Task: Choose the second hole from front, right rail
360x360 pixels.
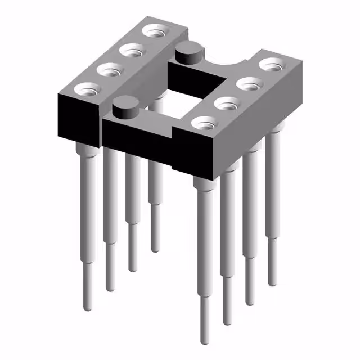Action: pos(226,103)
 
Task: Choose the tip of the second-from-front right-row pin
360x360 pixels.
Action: pos(227,323)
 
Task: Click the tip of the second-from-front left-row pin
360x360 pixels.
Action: pos(110,289)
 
